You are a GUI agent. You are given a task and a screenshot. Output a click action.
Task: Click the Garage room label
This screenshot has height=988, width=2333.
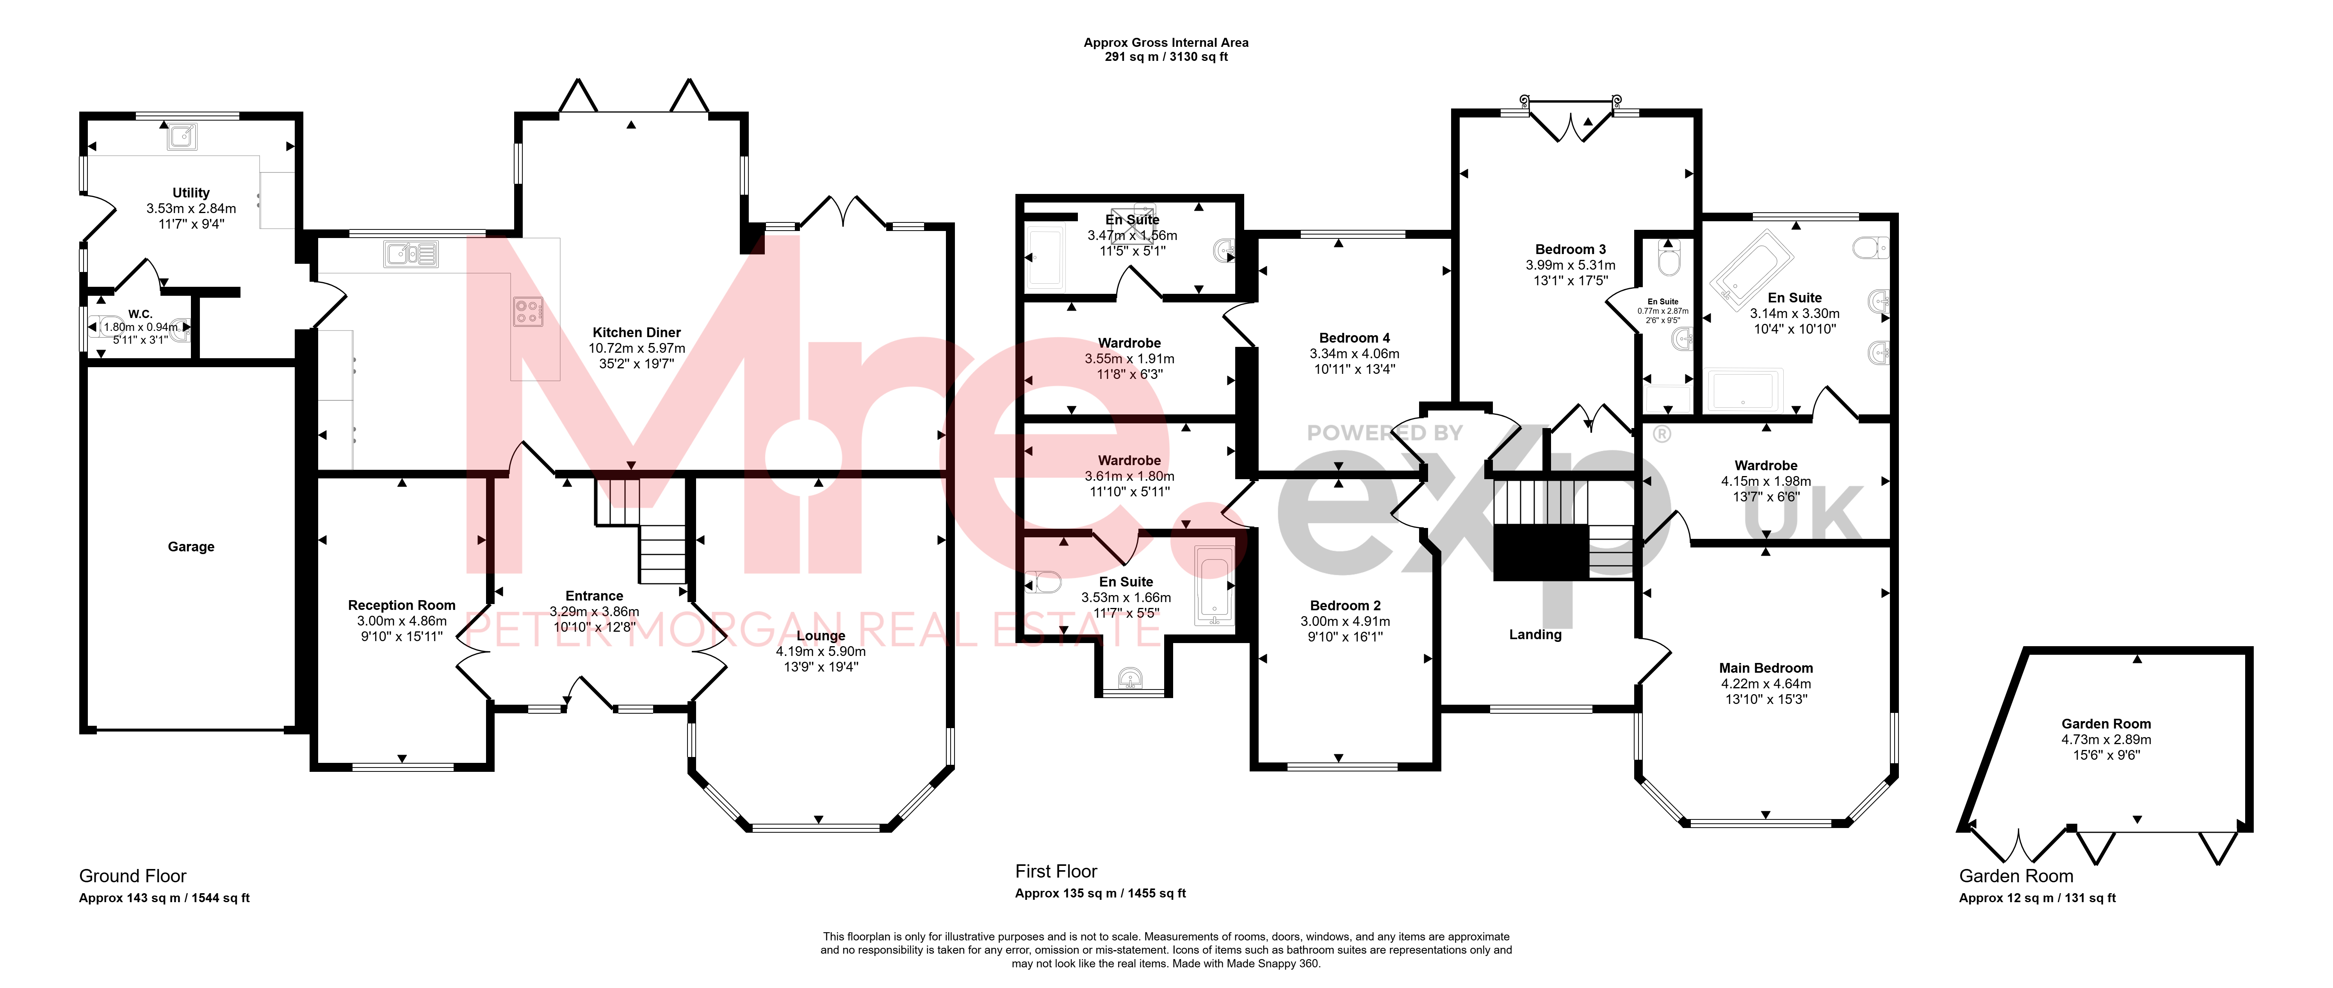[191, 547]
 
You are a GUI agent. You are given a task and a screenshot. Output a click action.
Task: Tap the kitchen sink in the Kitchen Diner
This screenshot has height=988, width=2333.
[411, 254]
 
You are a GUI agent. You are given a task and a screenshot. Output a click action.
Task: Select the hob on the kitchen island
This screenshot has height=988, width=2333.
[528, 311]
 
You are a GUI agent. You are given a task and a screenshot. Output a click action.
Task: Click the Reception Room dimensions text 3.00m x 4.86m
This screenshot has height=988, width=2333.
[401, 621]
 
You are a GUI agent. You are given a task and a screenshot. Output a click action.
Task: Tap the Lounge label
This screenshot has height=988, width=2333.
[821, 636]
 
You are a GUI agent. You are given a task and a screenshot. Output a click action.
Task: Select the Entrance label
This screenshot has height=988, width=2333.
[594, 596]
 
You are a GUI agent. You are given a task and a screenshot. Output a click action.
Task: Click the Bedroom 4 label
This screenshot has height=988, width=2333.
[1354, 338]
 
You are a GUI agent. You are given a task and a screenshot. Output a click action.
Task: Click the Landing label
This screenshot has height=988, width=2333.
[1535, 635]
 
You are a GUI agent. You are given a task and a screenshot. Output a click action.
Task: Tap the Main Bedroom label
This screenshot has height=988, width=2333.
[1766, 668]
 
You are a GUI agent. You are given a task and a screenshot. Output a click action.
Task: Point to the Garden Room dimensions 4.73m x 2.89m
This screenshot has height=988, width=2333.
[2106, 739]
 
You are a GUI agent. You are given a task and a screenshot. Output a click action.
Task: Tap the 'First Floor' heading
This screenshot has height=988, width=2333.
[1056, 871]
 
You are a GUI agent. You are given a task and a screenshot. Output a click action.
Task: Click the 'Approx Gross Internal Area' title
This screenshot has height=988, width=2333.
[1166, 43]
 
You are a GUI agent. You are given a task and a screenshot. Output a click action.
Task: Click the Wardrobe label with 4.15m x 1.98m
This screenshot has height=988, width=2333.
[1766, 466]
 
